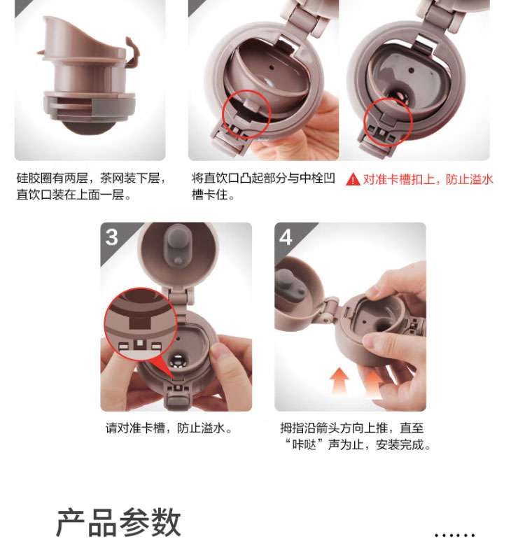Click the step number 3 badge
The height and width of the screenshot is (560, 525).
point(112,237)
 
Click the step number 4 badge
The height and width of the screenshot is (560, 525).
point(286,237)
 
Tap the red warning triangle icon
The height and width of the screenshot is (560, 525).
point(353,179)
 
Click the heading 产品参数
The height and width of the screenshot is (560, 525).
point(118,522)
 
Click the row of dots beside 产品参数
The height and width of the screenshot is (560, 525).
point(454,535)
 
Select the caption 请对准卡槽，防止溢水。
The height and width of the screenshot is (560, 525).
point(169,428)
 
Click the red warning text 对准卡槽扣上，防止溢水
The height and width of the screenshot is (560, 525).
point(428,179)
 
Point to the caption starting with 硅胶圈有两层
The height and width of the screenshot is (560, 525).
point(92,186)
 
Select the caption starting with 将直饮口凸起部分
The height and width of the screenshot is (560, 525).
point(264,186)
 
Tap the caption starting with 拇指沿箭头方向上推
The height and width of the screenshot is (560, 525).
point(356,436)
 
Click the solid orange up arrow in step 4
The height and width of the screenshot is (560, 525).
point(339,381)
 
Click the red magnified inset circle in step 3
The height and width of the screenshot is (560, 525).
point(141,324)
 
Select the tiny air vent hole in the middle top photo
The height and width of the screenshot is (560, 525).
point(272,66)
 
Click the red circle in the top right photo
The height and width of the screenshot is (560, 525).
point(388,122)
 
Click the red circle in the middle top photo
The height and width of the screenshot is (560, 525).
point(247,114)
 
